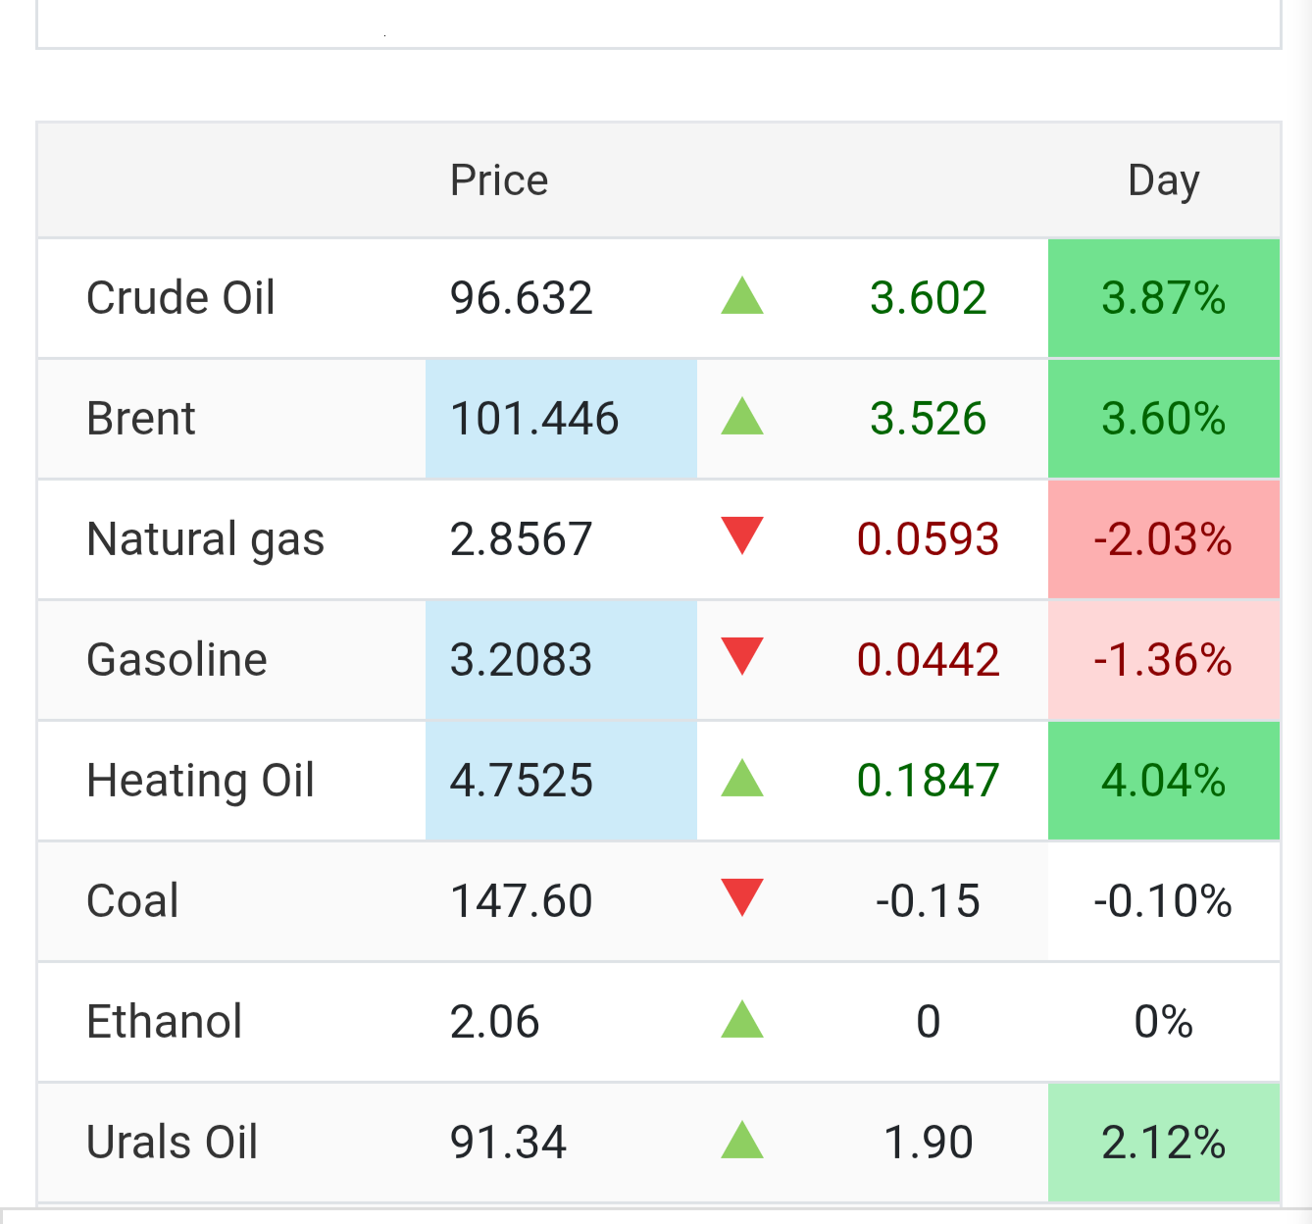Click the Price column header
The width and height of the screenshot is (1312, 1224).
(499, 179)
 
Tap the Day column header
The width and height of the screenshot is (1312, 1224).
(1163, 181)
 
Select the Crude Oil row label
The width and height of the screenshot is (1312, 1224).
(180, 297)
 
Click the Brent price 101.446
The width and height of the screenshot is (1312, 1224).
(533, 419)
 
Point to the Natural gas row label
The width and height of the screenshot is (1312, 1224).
(206, 540)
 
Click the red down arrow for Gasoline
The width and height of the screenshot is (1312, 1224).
(742, 655)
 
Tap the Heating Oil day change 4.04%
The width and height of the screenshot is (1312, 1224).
(1163, 780)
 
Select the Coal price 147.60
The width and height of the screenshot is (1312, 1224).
(521, 900)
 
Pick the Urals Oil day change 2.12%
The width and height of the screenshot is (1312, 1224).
(1163, 1142)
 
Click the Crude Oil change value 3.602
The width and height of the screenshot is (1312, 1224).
(928, 297)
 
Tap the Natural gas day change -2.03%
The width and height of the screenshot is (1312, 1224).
(1163, 539)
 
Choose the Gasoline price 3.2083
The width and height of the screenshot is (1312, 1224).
(521, 660)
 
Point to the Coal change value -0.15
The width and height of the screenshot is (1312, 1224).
(928, 900)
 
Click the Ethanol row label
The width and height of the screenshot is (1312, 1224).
(164, 1021)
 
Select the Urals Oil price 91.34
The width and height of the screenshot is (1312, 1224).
(507, 1142)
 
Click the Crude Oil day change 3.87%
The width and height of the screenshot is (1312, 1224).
(1163, 297)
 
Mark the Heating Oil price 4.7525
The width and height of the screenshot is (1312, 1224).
(521, 780)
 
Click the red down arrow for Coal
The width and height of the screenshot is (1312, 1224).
(742, 896)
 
